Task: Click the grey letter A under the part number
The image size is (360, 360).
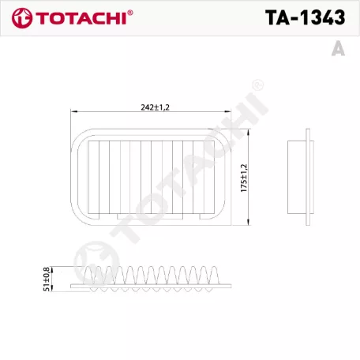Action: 338,48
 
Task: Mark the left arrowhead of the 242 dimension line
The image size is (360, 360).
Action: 70,111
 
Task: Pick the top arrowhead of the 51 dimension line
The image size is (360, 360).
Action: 53,268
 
